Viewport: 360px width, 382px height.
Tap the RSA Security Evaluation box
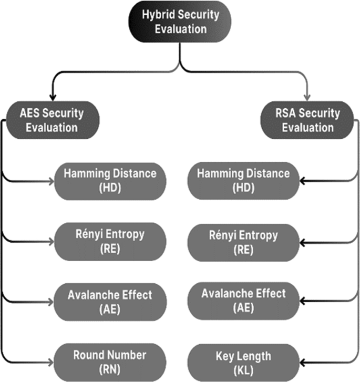tap(307, 120)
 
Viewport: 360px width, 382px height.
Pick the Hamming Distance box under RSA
tap(243, 181)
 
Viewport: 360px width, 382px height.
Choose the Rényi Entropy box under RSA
tap(243, 242)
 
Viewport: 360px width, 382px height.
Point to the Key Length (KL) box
tap(243, 363)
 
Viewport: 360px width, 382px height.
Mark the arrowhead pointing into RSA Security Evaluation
tap(308, 97)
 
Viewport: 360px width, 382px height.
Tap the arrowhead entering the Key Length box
tap(302, 363)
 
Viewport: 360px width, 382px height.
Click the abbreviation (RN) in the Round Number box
tap(109, 369)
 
